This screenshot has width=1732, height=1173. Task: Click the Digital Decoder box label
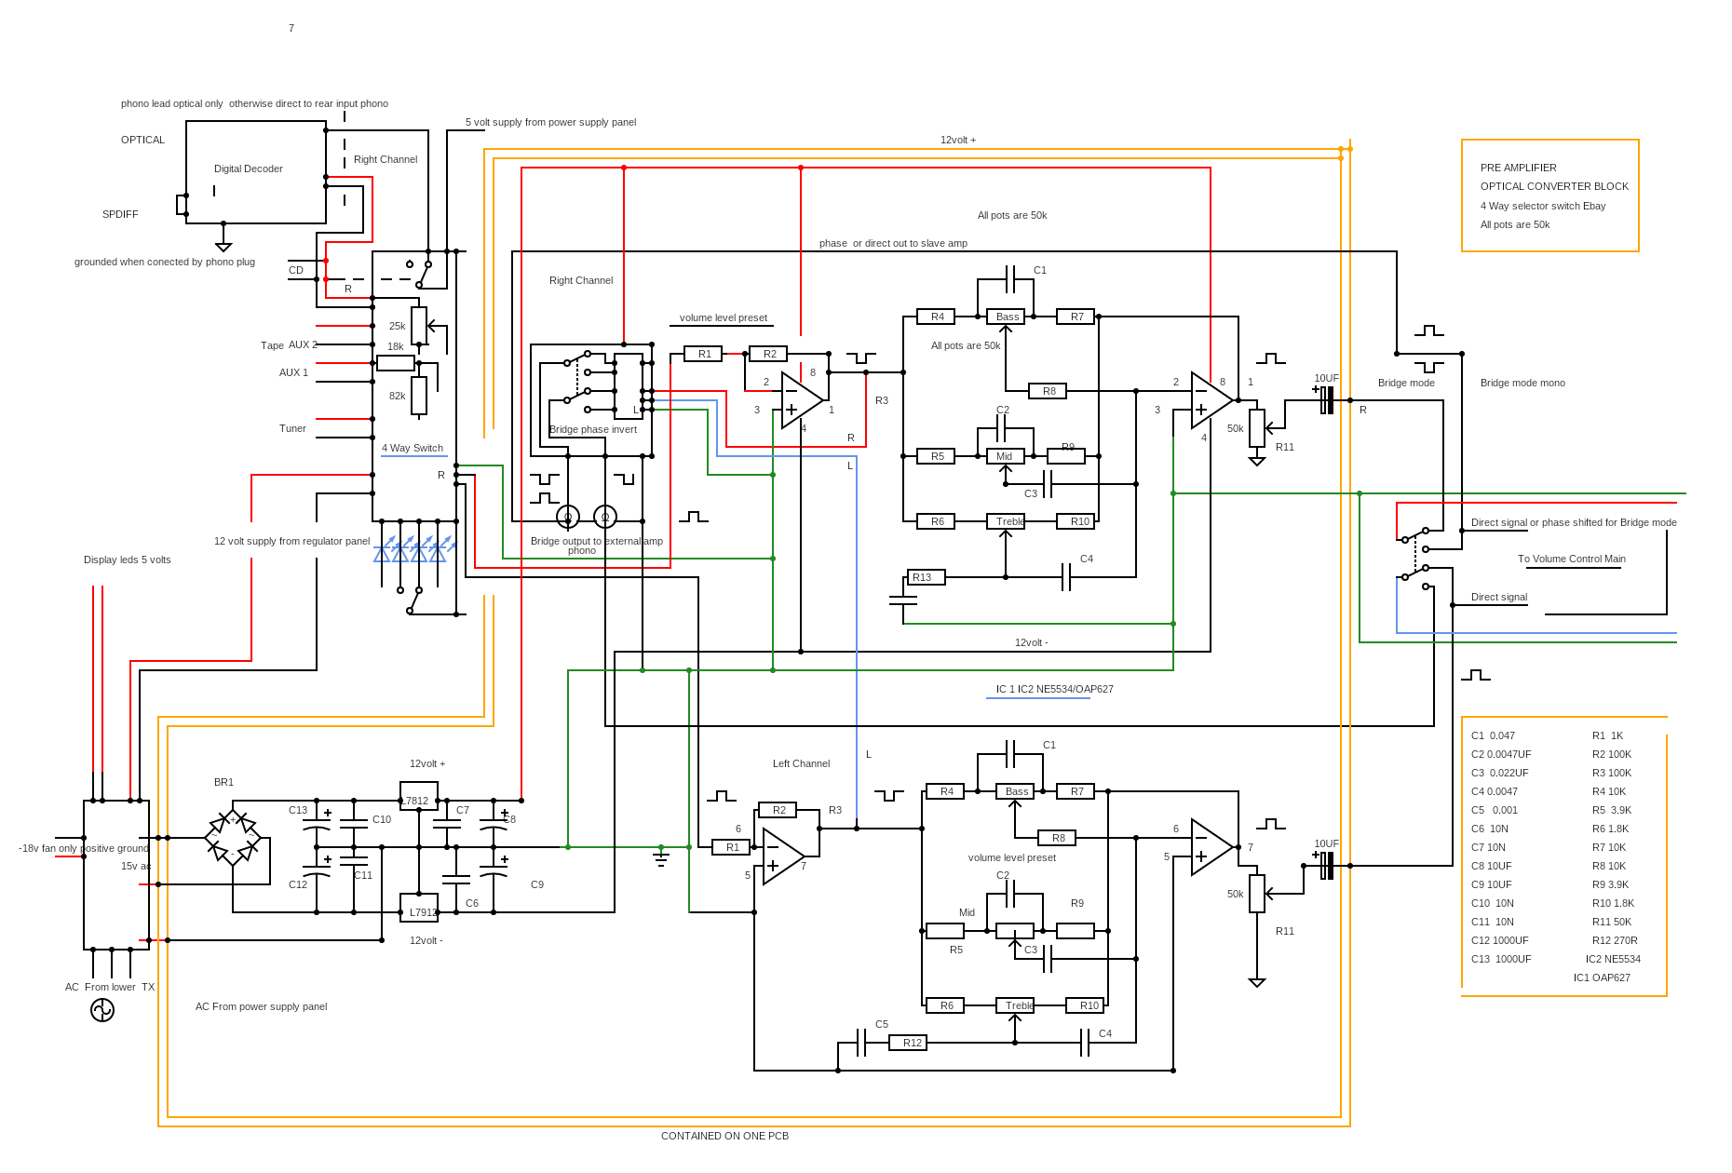coord(248,169)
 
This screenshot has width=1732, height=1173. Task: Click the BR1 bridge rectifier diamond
coord(232,838)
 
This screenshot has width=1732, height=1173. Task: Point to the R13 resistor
coord(926,577)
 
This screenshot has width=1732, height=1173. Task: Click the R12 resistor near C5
coord(907,1043)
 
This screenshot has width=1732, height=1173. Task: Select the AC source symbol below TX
coord(102,1010)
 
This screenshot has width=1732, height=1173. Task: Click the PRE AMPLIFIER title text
coord(1518,168)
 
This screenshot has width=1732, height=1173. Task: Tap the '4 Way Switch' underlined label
coord(413,449)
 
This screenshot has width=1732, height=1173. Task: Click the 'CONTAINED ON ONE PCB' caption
coord(724,1136)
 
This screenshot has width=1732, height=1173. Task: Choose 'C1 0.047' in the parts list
coord(1493,735)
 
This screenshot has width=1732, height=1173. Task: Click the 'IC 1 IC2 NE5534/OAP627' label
coord(1054,690)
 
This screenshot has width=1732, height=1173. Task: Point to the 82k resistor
coord(419,396)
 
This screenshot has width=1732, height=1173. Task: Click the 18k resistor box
coord(396,363)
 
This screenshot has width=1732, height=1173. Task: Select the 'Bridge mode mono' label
coord(1522,383)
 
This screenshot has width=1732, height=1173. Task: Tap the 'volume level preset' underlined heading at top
coord(723,318)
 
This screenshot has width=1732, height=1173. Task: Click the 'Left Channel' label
coord(801,763)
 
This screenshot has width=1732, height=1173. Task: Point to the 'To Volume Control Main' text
coord(1572,560)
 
